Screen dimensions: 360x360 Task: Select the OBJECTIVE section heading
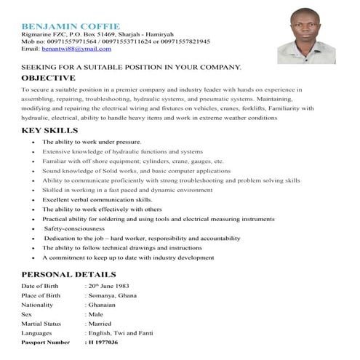click(x=48, y=77)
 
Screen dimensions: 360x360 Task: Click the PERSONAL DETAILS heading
click(x=68, y=275)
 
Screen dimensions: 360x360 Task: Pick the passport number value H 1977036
click(x=103, y=342)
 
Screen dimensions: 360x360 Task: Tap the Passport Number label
click(x=46, y=342)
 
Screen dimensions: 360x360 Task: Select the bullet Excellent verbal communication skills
click(x=97, y=199)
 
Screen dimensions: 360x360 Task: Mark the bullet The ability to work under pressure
click(x=91, y=141)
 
